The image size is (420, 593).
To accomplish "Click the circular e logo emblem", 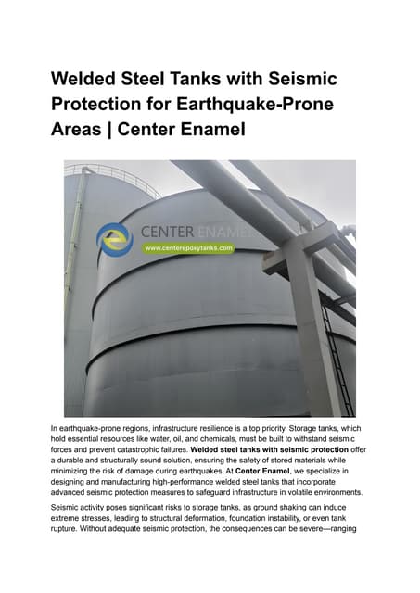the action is click(115, 238).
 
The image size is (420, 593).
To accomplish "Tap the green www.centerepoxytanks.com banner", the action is click(188, 248).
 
